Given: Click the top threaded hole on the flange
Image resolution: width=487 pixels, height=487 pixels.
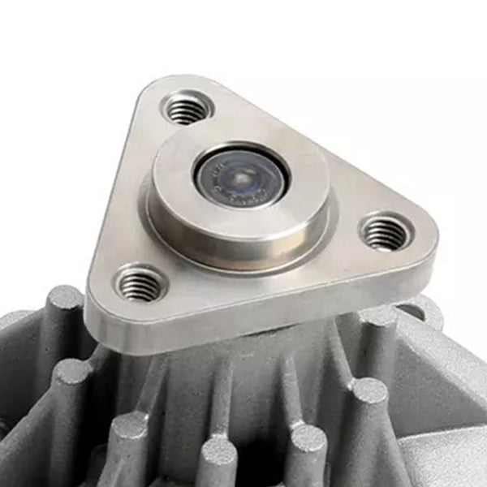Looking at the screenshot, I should click(186, 107).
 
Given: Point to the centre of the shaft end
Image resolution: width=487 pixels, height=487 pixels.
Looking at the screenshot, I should click(241, 174).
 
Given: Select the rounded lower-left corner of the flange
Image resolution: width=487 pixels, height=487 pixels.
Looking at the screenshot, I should click(101, 300).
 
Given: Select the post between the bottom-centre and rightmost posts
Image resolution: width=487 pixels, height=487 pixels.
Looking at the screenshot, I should click(308, 442).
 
